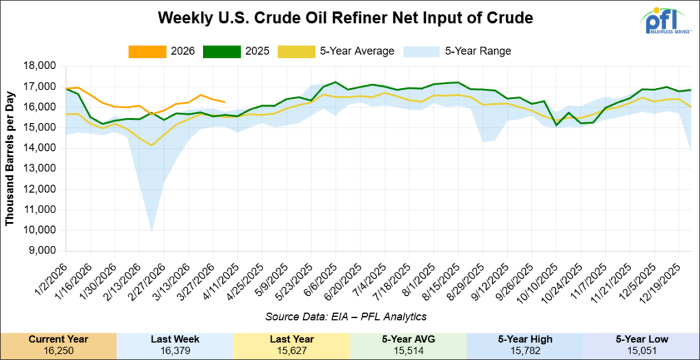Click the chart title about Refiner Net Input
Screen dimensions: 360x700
tap(345, 18)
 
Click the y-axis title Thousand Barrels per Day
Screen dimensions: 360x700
tap(10, 158)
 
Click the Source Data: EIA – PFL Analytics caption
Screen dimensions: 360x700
tap(345, 316)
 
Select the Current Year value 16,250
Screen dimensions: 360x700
tap(58, 350)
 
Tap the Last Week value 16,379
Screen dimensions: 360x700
tap(175, 350)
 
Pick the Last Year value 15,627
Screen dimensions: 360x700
tap(291, 350)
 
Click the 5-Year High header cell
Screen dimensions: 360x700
tap(524, 339)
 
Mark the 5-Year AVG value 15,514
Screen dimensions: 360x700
tap(408, 350)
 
